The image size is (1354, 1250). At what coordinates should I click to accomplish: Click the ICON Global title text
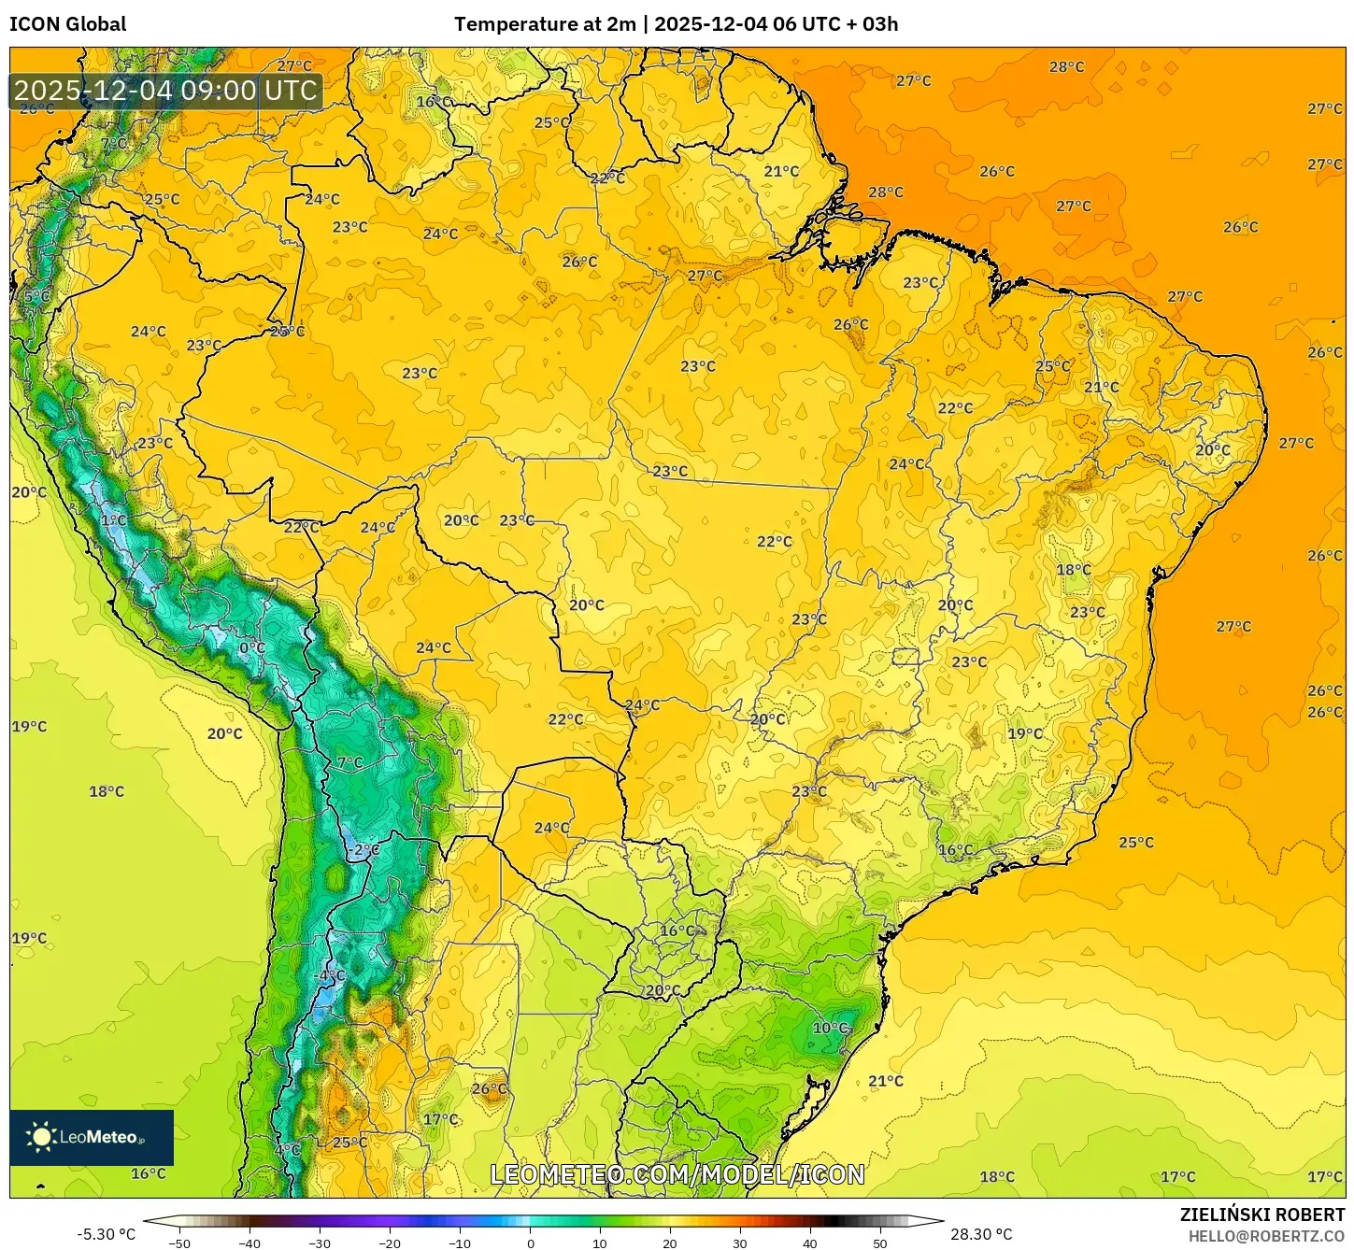pos(67,24)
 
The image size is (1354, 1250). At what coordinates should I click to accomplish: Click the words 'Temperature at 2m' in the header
pos(545,24)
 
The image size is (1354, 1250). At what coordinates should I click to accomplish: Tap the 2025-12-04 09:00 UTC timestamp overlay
pos(165,91)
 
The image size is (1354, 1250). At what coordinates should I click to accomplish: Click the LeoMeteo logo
pos(92,1137)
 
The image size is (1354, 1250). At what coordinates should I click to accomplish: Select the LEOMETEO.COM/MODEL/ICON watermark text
pos(677,1174)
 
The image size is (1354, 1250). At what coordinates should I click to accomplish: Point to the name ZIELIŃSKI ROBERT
pos(1261,1214)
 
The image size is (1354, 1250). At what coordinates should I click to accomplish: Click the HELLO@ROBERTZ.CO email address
pos(1266,1236)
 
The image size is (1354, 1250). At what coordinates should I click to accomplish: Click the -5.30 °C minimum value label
pos(106,1234)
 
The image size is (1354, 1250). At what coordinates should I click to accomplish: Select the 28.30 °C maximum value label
pos(981,1234)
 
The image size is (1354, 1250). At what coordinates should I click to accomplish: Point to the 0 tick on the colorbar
pos(530,1243)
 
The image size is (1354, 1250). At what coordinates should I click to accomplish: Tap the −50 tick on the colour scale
pos(179,1243)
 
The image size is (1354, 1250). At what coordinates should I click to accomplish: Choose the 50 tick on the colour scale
pos(880,1243)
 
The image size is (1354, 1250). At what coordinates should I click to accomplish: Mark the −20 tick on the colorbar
pos(390,1243)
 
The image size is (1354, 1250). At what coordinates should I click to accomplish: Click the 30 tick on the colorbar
pos(740,1243)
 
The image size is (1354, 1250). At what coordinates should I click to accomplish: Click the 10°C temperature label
pos(830,1028)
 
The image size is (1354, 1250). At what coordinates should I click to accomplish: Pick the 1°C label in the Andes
pos(114,520)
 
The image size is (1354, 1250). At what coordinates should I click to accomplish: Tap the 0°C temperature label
pos(252,647)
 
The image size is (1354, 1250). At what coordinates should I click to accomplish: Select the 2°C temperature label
pos(366,849)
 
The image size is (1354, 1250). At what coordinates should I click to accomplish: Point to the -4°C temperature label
pos(330,974)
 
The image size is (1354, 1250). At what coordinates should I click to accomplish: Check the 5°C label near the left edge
pos(36,296)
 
